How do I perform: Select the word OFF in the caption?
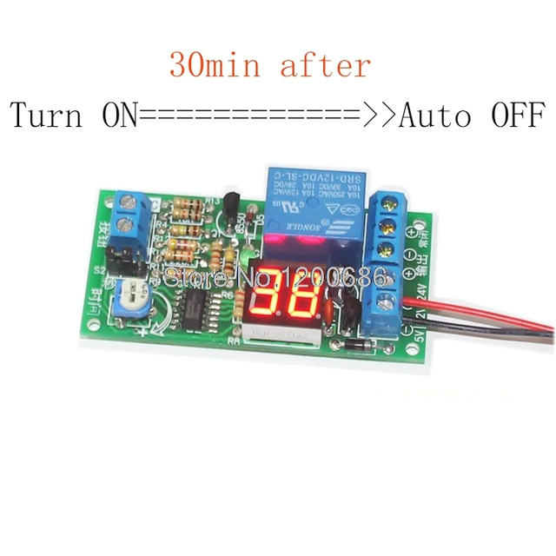516,115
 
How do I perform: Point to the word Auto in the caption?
435,115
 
